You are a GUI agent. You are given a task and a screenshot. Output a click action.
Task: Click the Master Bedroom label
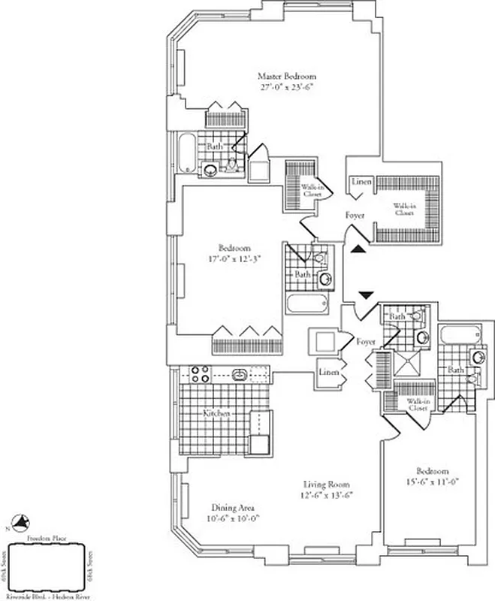[287, 76]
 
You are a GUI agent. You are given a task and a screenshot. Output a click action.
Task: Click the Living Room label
[327, 485]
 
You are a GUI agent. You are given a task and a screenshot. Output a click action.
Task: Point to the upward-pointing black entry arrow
[359, 250]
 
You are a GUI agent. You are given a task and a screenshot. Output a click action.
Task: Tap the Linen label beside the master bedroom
[361, 183]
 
